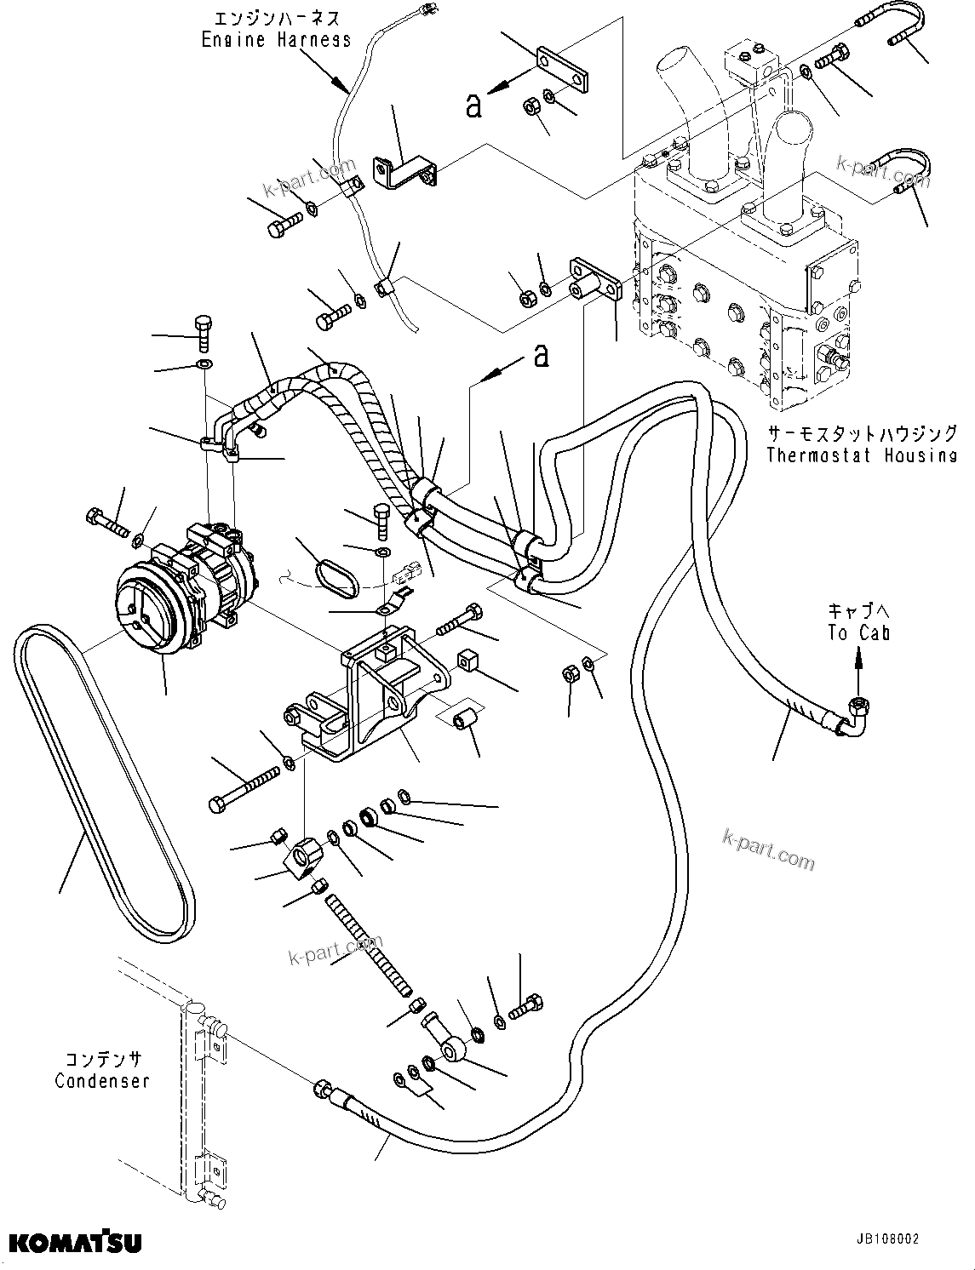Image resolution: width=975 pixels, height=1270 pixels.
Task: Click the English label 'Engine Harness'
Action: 276,39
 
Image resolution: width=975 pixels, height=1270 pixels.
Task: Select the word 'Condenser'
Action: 102,1081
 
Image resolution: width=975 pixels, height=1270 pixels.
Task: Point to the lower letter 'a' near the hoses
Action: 541,355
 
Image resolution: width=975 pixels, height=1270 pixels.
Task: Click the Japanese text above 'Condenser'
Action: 102,1060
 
